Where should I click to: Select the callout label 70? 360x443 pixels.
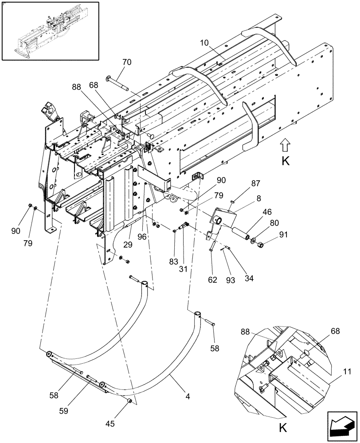pos(127,62)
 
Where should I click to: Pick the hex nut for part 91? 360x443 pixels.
pos(261,244)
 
